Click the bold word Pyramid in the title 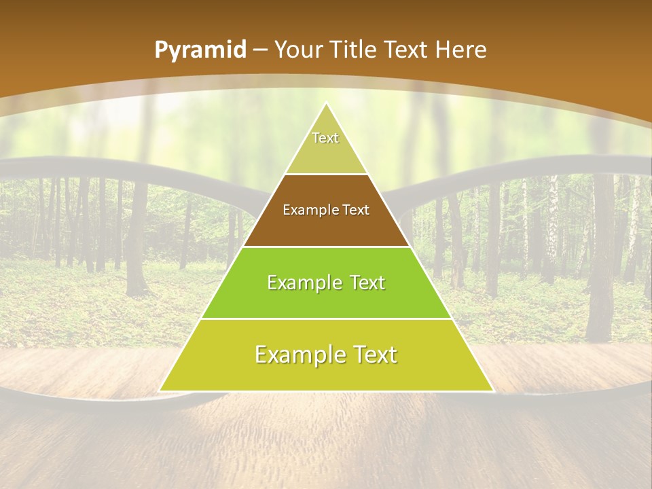point(200,50)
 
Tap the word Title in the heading point(357,50)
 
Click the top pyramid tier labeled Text point(326,146)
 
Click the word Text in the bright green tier point(367,283)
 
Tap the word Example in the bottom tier point(297,355)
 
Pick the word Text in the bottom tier point(374,355)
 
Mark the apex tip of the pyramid point(326,104)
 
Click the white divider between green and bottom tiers point(326,319)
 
